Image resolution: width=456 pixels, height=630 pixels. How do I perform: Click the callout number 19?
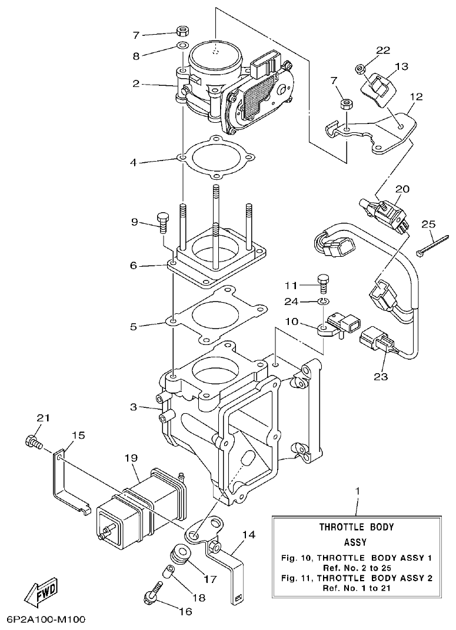(131, 457)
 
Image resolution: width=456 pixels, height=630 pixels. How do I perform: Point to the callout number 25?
(428, 224)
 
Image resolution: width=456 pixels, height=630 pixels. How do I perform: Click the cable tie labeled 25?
(432, 243)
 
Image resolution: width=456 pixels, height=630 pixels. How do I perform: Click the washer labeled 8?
(182, 46)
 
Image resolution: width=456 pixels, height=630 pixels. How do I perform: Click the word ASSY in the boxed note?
(355, 542)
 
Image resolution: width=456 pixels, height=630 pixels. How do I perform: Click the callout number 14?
(248, 535)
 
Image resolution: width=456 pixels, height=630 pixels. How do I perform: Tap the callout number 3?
(134, 407)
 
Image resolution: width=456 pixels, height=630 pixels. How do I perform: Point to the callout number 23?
(381, 376)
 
